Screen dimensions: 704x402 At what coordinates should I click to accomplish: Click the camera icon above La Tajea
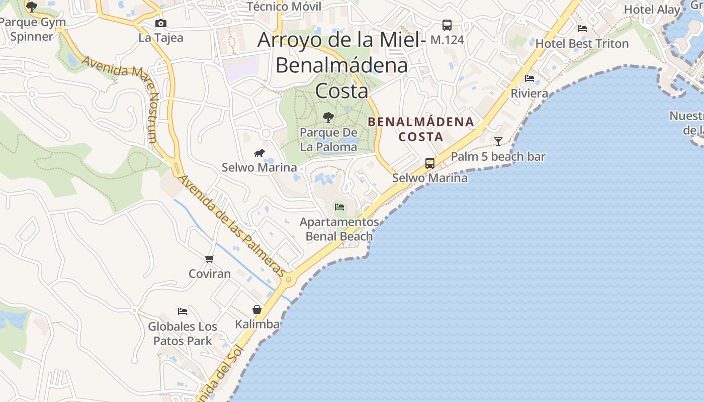click(x=161, y=24)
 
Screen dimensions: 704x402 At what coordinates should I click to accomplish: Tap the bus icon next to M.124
click(x=447, y=25)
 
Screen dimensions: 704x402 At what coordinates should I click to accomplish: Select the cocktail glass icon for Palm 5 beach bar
click(x=498, y=142)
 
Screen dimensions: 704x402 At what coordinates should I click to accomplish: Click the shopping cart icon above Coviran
click(x=210, y=259)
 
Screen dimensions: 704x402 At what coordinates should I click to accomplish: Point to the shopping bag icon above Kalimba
click(x=257, y=310)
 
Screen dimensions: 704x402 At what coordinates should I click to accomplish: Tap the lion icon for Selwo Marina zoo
click(x=259, y=153)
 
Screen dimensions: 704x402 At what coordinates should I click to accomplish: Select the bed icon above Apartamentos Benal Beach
click(x=339, y=207)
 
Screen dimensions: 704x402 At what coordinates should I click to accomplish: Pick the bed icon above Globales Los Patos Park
click(x=183, y=312)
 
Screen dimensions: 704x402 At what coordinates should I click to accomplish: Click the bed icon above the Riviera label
click(x=529, y=78)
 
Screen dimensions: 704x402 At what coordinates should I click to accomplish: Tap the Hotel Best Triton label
click(x=582, y=43)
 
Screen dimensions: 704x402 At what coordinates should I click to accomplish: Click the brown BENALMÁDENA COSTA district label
click(x=421, y=129)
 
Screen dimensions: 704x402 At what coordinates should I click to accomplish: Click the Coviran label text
click(x=210, y=274)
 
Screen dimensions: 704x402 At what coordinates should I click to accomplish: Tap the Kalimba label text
click(x=257, y=324)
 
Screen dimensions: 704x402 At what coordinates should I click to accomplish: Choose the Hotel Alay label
click(x=652, y=10)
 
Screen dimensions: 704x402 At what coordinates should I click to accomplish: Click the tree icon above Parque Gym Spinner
click(x=32, y=7)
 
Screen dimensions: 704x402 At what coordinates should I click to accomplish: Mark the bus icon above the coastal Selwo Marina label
click(x=430, y=163)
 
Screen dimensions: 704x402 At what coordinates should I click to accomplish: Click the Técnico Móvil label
click(x=284, y=7)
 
